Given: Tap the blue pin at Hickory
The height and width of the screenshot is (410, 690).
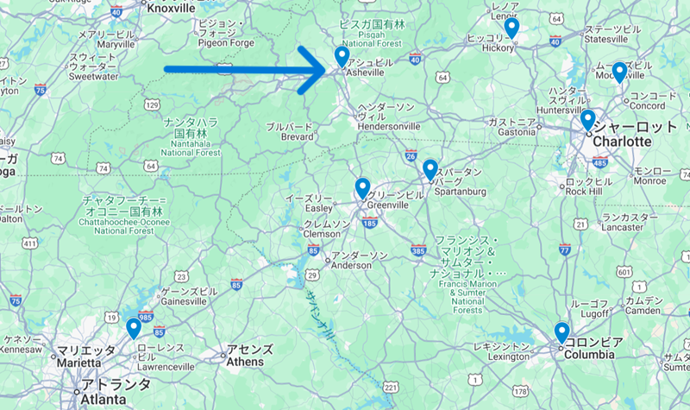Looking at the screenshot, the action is tap(511, 28).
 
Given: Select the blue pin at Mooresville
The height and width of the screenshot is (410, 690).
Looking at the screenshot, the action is tap(618, 72).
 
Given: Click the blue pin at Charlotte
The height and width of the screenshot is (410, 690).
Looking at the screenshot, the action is tap(587, 119).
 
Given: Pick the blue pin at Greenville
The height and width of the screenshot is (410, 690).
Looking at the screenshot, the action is tap(362, 187).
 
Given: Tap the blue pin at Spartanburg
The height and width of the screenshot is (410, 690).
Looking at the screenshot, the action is tap(430, 169).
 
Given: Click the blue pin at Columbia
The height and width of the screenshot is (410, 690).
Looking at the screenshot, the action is tap(561, 331).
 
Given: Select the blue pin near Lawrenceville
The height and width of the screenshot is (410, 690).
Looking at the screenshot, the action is tap(134, 328).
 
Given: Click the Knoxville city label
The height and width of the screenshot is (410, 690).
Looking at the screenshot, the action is tap(172, 8).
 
